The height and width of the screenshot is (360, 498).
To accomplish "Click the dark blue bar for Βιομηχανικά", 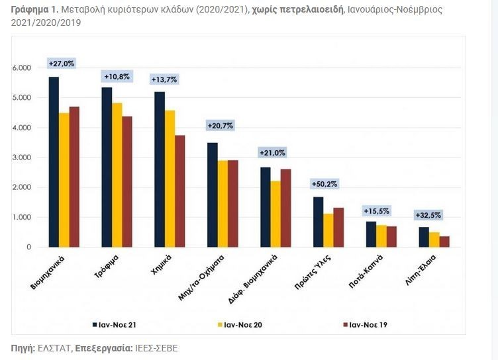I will [x=54, y=162].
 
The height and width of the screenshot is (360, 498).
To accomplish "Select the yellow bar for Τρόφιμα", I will [x=117, y=175].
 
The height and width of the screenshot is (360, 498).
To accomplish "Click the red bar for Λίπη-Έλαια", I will [x=444, y=242].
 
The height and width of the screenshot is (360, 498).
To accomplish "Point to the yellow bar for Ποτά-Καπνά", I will [x=381, y=236].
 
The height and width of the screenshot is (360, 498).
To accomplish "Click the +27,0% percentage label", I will [x=62, y=64].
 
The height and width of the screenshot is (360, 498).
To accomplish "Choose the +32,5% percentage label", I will [x=428, y=215].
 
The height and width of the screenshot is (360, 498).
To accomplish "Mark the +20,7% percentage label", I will [x=220, y=126].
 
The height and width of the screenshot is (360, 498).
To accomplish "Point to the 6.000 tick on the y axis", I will [x=22, y=68].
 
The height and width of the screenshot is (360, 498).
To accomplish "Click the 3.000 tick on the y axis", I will [x=22, y=157].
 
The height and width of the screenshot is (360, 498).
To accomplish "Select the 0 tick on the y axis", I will [x=28, y=247].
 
